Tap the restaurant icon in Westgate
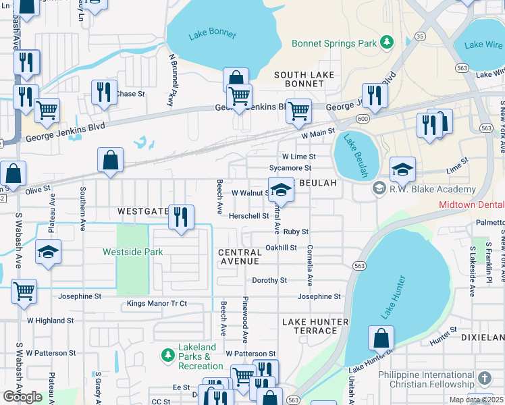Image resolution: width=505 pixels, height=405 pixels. [x=180, y=217]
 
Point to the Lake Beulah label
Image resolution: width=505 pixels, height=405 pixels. [x=356, y=156]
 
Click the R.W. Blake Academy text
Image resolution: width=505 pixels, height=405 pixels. [x=433, y=189]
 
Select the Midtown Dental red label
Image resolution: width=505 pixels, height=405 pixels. [x=471, y=204]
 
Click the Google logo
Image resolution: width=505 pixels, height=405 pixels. [x=23, y=396]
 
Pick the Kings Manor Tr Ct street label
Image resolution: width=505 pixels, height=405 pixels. [x=157, y=304]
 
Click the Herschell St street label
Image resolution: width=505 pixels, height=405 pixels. [x=248, y=216]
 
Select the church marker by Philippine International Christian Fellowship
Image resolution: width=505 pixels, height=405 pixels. [x=484, y=378]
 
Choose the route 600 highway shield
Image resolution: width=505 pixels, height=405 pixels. [x=364, y=119]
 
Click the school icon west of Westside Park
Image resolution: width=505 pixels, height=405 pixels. [x=48, y=253]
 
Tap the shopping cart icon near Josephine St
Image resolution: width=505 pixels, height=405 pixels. [x=24, y=292]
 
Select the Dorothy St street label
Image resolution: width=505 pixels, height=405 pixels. [x=269, y=280]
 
